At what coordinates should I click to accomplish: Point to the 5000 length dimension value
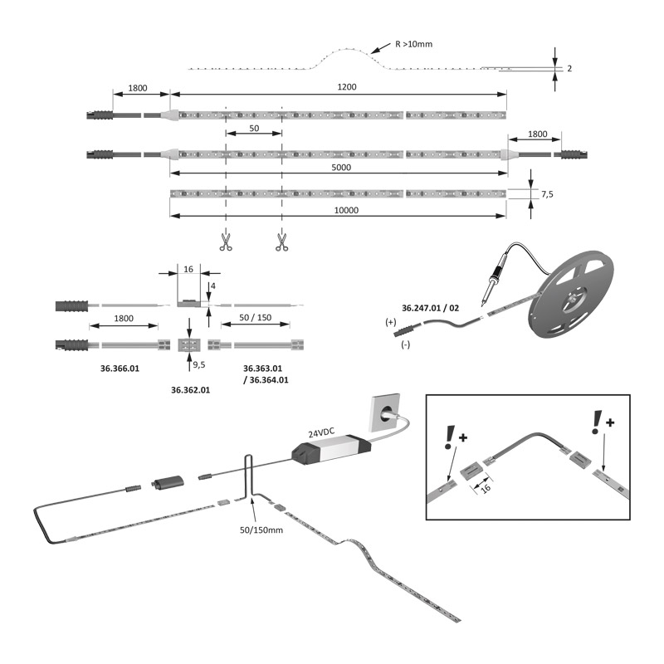340,167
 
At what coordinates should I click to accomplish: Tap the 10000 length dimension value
345,210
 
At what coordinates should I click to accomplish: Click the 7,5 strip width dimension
547,193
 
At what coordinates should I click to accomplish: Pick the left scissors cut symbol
226,242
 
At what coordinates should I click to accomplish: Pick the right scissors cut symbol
282,242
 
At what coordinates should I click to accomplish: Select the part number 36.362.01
191,388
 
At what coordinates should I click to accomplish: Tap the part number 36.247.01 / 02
430,307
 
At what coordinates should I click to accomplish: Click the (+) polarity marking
390,321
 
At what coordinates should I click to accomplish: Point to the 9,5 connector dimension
198,364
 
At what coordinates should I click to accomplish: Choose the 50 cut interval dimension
253,129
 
